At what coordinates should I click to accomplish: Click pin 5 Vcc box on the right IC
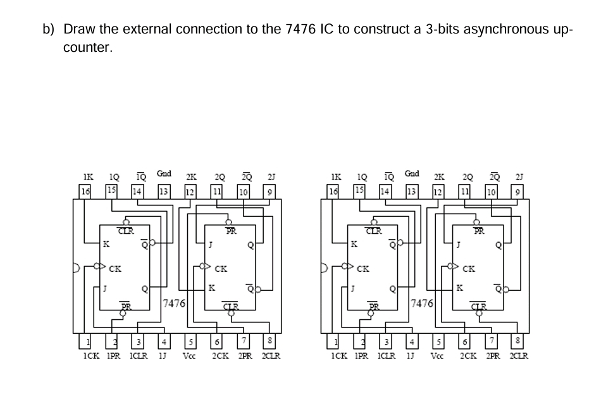click(x=435, y=343)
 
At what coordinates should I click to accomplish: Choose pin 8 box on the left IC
click(x=270, y=343)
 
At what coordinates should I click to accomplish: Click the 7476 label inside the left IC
click(x=174, y=304)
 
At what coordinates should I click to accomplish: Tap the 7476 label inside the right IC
click(x=422, y=304)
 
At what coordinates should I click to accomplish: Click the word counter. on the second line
click(x=88, y=48)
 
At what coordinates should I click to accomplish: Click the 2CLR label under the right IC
click(x=519, y=356)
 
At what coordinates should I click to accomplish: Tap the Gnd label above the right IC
click(x=411, y=173)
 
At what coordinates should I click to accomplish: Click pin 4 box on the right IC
click(x=411, y=343)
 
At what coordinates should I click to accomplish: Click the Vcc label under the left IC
click(x=189, y=356)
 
